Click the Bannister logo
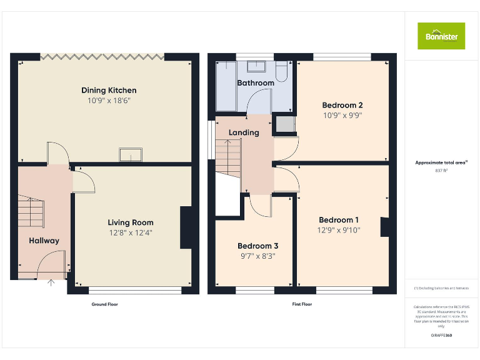pos(441,36)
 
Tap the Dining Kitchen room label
pos(109,90)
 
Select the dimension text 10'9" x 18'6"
pos(109,100)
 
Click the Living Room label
pos(130,222)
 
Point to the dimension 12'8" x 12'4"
pos(130,232)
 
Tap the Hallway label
pos(44,241)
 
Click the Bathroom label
pos(256,82)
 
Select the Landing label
pos(244,132)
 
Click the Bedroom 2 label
pos(342,105)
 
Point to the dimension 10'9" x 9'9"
pos(342,115)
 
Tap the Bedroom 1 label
pos(339,220)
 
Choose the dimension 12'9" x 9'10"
pos(339,230)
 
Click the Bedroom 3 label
pos(258,246)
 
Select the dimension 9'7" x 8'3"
pos(258,256)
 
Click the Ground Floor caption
pos(104,304)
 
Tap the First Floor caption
pos(302,304)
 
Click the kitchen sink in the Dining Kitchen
pos(131,154)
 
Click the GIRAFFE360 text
pos(441,336)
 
